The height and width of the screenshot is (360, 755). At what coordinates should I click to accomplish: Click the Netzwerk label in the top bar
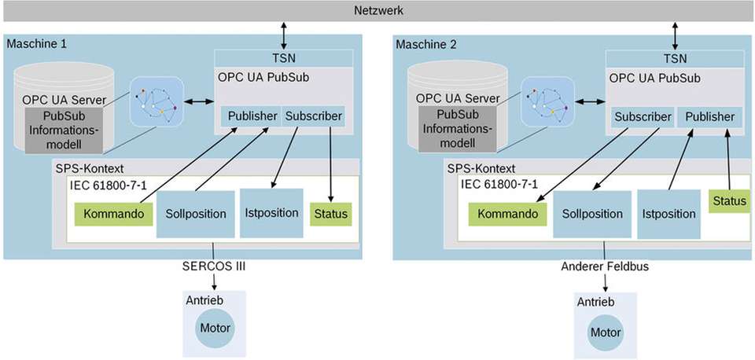(377, 11)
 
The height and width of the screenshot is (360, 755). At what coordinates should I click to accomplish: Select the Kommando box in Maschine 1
(114, 214)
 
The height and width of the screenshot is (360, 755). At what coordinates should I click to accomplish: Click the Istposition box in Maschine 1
(271, 212)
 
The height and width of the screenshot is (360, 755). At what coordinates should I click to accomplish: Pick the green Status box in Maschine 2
(728, 201)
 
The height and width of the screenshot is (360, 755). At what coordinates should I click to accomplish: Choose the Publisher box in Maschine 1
(252, 116)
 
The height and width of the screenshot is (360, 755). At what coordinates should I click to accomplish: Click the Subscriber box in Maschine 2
(643, 117)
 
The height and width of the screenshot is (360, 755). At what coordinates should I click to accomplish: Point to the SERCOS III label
(213, 266)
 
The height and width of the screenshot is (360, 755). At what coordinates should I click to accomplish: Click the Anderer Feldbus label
(605, 266)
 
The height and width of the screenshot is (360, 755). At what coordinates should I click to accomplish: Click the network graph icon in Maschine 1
(156, 101)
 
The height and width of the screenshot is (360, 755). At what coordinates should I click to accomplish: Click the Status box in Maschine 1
(330, 214)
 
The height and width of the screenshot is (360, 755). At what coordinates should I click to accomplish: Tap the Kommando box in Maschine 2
(507, 214)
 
